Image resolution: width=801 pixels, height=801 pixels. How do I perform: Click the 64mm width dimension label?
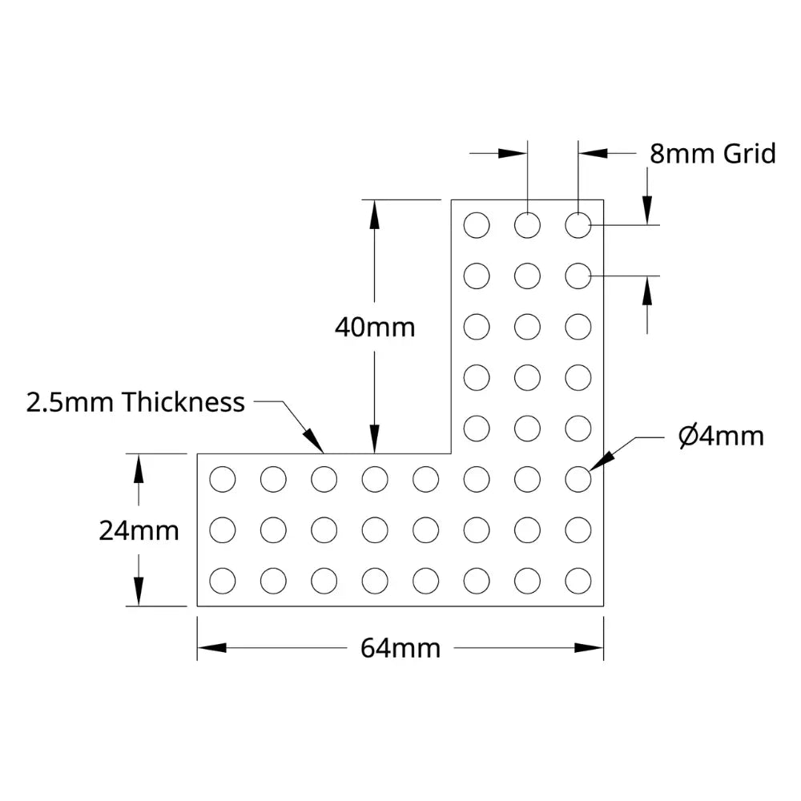tap(400, 648)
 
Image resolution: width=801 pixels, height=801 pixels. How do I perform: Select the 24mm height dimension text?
tap(139, 531)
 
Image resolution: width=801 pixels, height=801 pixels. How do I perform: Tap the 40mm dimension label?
tap(375, 328)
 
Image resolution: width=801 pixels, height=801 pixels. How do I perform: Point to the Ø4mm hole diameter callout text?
tap(721, 437)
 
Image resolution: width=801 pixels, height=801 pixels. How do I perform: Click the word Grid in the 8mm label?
tap(750, 154)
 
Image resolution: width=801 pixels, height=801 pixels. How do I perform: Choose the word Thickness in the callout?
tap(183, 402)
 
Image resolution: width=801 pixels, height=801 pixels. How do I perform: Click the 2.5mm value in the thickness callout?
tap(70, 402)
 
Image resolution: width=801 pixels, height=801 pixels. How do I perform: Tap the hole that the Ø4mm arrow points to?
tap(578, 479)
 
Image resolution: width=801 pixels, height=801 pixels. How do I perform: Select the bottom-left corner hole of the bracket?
tap(223, 581)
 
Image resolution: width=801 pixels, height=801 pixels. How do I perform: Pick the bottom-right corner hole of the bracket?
tap(578, 581)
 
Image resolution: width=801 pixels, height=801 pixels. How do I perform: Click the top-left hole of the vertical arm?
tap(477, 225)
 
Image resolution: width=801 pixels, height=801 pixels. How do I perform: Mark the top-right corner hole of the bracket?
tap(578, 225)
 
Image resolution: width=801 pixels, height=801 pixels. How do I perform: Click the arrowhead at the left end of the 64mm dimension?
tap(211, 648)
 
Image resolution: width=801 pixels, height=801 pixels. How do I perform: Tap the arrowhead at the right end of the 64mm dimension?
tap(589, 648)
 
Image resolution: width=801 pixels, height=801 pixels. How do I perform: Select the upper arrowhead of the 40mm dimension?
tap(374, 214)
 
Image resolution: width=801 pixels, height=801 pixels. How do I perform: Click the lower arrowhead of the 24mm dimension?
tap(139, 592)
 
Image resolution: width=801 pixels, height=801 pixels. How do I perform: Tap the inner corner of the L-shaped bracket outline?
tap(451, 453)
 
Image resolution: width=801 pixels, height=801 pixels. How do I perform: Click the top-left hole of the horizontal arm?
tap(223, 479)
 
